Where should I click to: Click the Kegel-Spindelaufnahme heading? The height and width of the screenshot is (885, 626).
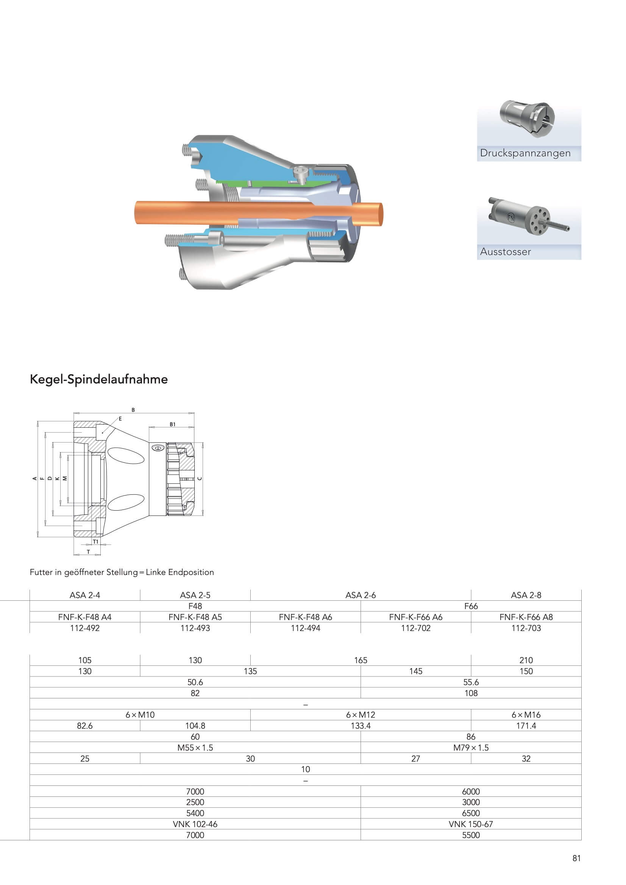click(x=99, y=379)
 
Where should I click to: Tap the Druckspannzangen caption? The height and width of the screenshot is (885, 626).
click(x=525, y=153)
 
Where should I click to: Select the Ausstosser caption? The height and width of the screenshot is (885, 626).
click(x=505, y=252)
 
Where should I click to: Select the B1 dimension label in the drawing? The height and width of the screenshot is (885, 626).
click(x=172, y=424)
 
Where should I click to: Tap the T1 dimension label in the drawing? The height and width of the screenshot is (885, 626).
click(x=96, y=542)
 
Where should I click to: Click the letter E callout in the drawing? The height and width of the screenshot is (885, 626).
click(x=120, y=419)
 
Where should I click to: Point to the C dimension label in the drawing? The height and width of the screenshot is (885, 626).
click(x=200, y=478)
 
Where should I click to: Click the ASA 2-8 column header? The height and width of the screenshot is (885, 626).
click(x=526, y=595)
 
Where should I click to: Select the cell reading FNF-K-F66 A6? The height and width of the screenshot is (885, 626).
click(x=415, y=617)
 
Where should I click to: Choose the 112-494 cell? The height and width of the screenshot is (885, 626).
click(x=305, y=628)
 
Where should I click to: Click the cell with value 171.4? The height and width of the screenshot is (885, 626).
click(x=526, y=725)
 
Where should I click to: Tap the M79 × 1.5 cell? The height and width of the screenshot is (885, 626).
click(x=471, y=747)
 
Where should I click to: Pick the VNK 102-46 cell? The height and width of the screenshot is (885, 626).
click(x=195, y=824)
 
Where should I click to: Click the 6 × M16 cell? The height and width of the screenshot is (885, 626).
click(x=526, y=715)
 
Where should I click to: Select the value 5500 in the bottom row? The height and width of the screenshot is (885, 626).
click(x=471, y=835)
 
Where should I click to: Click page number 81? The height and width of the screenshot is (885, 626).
click(x=576, y=858)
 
